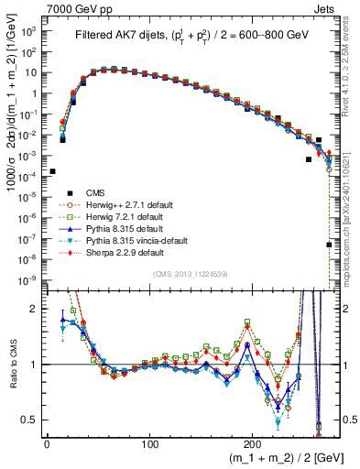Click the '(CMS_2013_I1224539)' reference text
(x=191, y=275)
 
